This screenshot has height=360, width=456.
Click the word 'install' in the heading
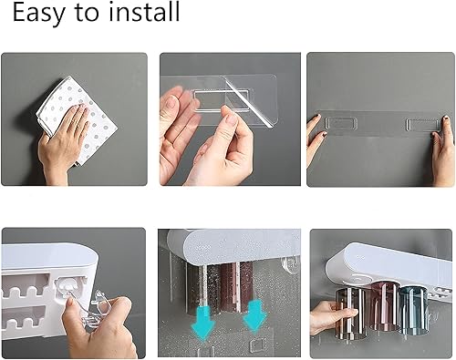(141, 14)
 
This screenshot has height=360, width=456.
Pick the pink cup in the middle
(384, 306)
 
